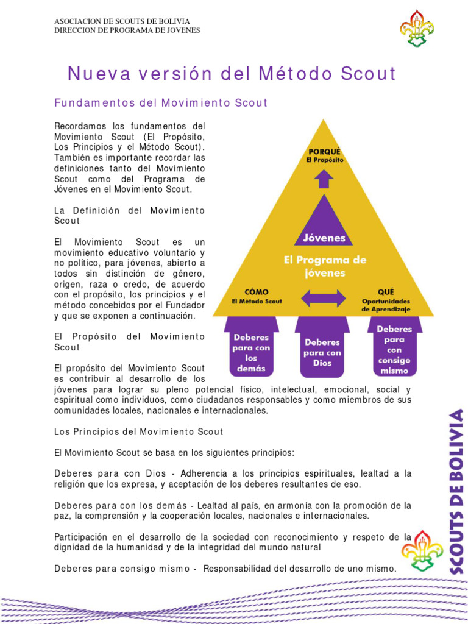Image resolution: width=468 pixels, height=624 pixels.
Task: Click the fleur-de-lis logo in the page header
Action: point(416,29)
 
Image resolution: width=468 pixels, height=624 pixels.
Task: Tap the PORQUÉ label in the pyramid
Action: point(324,151)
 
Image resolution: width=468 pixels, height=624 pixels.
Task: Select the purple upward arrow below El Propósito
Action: point(324,179)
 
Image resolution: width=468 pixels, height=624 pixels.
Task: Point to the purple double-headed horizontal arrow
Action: point(324,299)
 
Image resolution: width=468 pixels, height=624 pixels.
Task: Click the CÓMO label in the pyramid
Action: point(256,292)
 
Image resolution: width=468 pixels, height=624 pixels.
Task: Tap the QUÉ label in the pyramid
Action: point(386,292)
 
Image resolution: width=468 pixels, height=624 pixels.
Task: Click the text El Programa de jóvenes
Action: point(325,266)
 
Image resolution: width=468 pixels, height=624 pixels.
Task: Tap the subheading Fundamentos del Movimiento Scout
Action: point(161,103)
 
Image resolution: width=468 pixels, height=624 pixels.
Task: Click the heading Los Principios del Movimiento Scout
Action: point(139,431)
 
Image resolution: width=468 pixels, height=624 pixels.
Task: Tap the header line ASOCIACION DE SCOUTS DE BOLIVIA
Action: point(126,21)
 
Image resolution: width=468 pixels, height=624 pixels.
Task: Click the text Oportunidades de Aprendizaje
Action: point(386,305)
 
